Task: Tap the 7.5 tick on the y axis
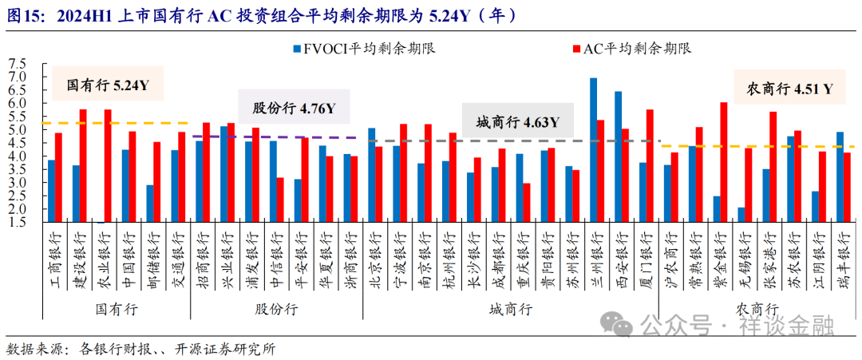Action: point(16,64)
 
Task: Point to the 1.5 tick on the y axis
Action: point(16,223)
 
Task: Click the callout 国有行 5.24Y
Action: point(108,84)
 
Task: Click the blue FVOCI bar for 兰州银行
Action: point(593,150)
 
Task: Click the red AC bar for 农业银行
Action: point(108,166)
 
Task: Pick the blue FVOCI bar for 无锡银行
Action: point(741,215)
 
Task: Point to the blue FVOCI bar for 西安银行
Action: point(618,156)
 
